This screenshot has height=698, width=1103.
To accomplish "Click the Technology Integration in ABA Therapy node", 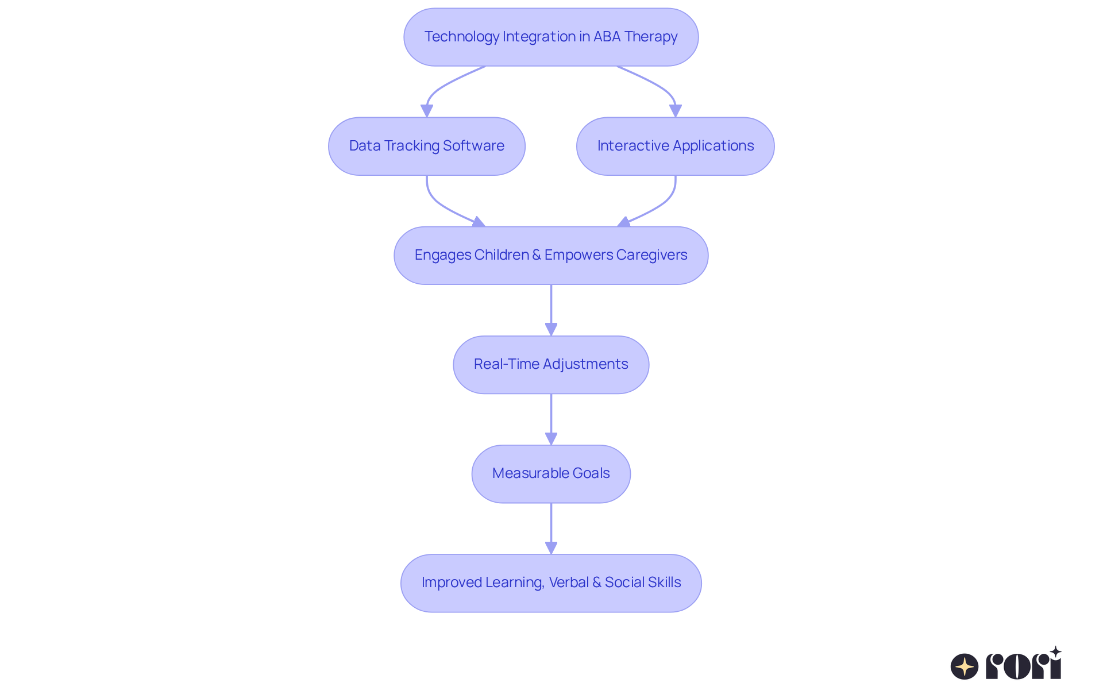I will [550, 37].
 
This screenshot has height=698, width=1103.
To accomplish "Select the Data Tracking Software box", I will [426, 146].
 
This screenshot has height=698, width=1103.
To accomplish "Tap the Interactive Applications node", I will [675, 146].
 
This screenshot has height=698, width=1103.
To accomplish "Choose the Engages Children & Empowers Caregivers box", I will [550, 255].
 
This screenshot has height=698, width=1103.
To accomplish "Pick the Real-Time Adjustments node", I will [550, 364].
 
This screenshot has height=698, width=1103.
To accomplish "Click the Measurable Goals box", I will [550, 473].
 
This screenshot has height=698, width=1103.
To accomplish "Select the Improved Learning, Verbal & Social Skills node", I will [550, 583].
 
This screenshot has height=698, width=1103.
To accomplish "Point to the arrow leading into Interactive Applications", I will [661, 86].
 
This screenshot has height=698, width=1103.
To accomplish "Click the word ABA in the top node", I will [607, 37].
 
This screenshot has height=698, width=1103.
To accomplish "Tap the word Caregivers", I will [651, 255].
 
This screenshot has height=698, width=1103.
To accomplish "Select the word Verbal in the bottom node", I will [569, 583].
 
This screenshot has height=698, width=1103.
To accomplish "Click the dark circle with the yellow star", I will [964, 666].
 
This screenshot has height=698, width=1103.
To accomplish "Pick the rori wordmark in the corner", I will [1023, 665].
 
